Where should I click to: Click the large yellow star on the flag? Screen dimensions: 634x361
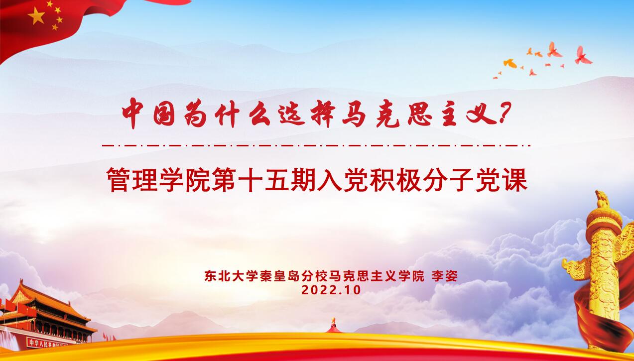coord(36,16)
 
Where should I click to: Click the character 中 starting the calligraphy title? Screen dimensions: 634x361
coord(133,114)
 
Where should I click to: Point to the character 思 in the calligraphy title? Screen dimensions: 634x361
coord(420,115)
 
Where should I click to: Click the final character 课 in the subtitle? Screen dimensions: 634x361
coord(515,180)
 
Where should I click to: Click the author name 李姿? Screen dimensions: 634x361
coord(444,276)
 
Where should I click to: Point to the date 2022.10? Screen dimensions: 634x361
coord(331,290)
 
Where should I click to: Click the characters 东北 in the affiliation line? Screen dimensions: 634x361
coord(217,276)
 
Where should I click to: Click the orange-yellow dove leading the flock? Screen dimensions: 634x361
coord(510,63)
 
